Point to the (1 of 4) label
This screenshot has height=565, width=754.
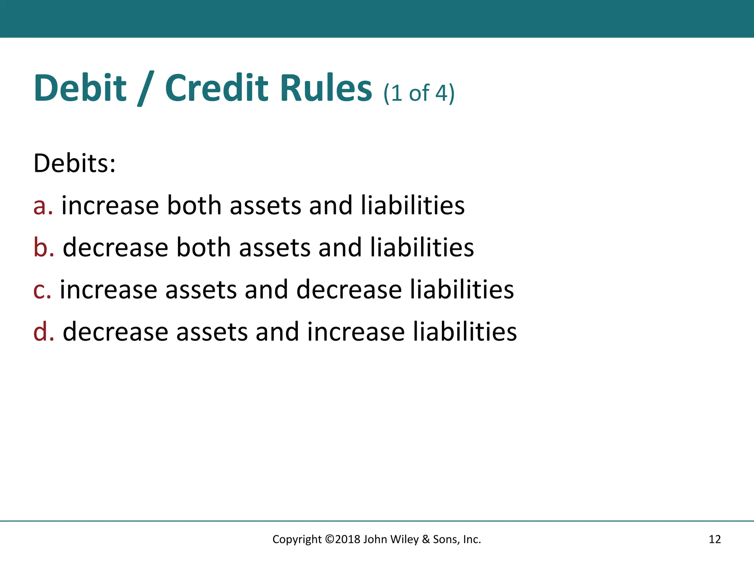tap(419, 93)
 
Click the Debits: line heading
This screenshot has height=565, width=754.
tap(74, 163)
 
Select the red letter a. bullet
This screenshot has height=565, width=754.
tap(43, 206)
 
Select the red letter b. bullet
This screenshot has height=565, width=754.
tap(43, 247)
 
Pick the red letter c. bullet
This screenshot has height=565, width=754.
tap(42, 290)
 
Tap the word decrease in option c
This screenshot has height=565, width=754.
tap(349, 290)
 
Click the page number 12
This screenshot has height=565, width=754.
tap(715, 539)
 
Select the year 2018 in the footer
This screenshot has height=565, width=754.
tap(348, 539)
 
